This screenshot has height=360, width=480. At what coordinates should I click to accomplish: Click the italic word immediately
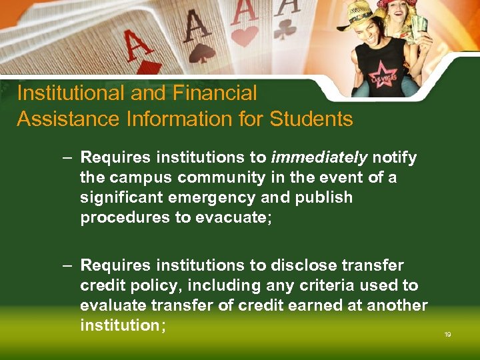(x=319, y=158)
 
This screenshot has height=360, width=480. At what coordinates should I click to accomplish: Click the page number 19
(x=447, y=334)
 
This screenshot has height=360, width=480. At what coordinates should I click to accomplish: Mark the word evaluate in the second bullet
(x=110, y=305)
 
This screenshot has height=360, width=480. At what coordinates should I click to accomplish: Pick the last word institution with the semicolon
(x=123, y=325)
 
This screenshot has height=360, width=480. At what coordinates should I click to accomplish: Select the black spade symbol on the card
(x=201, y=51)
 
